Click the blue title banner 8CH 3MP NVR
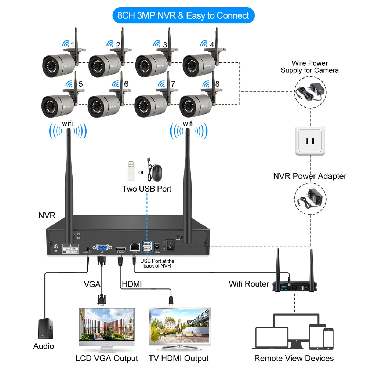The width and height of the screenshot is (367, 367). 183,15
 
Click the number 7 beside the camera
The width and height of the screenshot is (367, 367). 173,84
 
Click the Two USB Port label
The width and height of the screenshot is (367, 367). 147,189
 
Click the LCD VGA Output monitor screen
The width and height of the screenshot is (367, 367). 106,325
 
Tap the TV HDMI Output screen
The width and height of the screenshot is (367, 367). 179,325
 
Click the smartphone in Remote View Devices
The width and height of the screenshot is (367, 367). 328,339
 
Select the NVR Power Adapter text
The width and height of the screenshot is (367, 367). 310,176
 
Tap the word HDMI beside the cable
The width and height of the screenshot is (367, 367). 131,284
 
